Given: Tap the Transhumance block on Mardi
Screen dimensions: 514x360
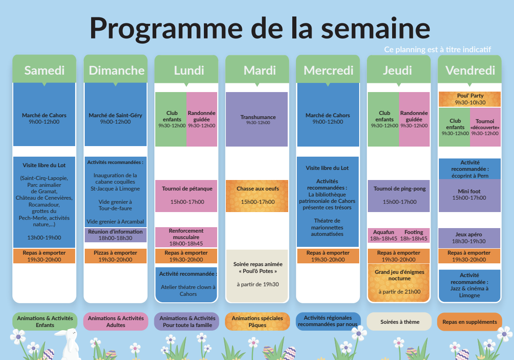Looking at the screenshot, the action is click(x=257, y=120).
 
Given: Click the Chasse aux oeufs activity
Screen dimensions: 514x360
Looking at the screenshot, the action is click(x=257, y=196).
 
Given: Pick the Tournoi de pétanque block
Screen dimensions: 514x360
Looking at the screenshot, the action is click(x=186, y=196).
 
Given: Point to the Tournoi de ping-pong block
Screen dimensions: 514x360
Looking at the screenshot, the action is click(x=399, y=196).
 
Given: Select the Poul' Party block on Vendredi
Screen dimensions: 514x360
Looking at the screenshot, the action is click(x=470, y=99).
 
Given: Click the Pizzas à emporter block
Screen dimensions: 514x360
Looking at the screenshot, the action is click(x=115, y=256).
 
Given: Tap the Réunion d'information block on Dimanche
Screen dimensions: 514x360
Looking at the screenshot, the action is click(x=115, y=235).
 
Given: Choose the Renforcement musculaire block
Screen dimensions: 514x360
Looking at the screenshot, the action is click(x=186, y=237).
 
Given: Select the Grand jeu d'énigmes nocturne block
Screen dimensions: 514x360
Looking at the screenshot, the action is click(x=399, y=283).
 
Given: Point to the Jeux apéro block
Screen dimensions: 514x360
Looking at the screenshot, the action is click(x=470, y=238).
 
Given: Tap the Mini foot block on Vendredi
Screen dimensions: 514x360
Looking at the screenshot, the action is click(x=470, y=196).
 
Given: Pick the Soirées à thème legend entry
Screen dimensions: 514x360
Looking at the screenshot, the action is click(x=399, y=322).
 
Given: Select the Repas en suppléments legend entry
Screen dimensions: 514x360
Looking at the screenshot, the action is click(x=470, y=322).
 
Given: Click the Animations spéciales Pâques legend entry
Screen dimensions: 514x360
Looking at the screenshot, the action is click(x=257, y=322).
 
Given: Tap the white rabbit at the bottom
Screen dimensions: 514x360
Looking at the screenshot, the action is click(x=68, y=344).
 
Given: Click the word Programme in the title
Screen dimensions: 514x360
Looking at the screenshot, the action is click(x=166, y=28).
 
